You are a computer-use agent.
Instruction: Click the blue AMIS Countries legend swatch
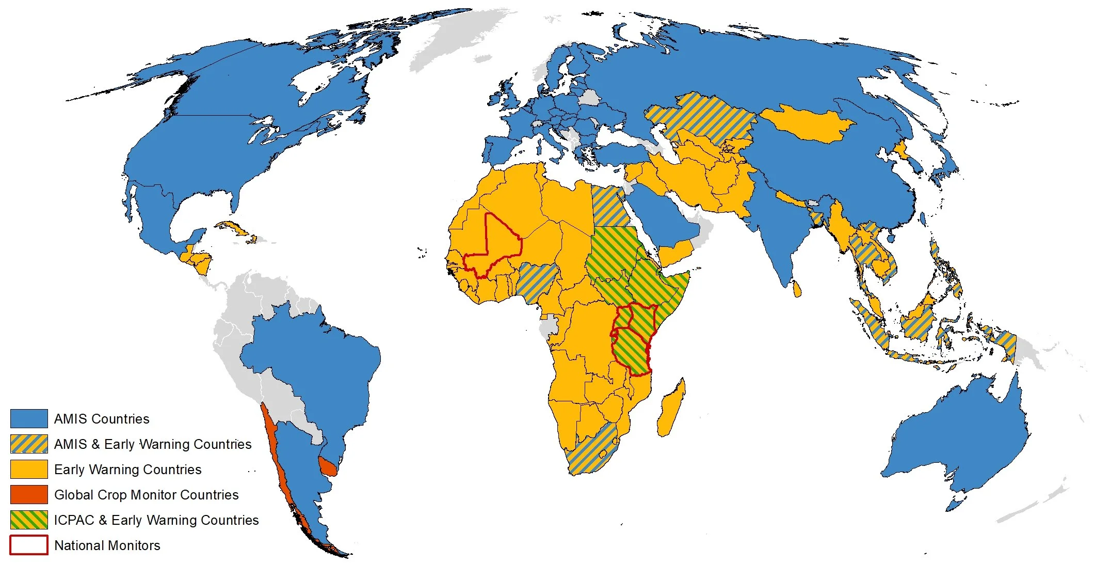[29, 418]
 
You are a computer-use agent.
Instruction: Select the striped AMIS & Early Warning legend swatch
[29, 444]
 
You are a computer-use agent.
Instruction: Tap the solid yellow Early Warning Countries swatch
[29, 469]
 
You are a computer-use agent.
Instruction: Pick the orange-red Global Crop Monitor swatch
[29, 494]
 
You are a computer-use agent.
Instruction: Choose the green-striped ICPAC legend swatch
[29, 520]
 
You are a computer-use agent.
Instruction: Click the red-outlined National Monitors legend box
[29, 545]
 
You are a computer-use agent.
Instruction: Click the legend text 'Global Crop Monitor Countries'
[146, 495]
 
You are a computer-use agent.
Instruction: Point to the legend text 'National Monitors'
[107, 545]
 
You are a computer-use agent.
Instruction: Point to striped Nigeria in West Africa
[537, 281]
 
